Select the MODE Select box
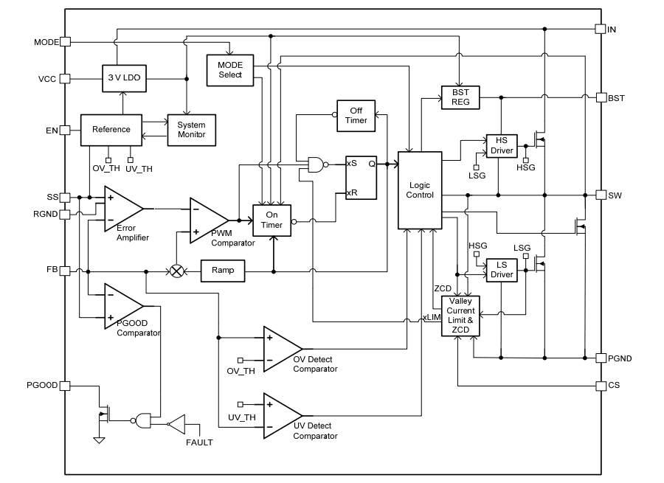(229, 70)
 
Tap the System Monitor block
(191, 130)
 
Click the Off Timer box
(356, 116)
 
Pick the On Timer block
(272, 220)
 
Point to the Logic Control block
(419, 190)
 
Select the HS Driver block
(501, 146)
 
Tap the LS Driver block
(501, 270)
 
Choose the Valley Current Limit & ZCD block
(460, 316)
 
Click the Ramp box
(222, 271)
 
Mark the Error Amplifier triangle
(122, 209)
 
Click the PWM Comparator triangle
(208, 220)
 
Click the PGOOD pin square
(65, 386)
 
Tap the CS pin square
(601, 386)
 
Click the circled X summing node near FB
(177, 271)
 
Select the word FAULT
(199, 442)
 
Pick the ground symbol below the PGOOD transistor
(99, 440)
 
